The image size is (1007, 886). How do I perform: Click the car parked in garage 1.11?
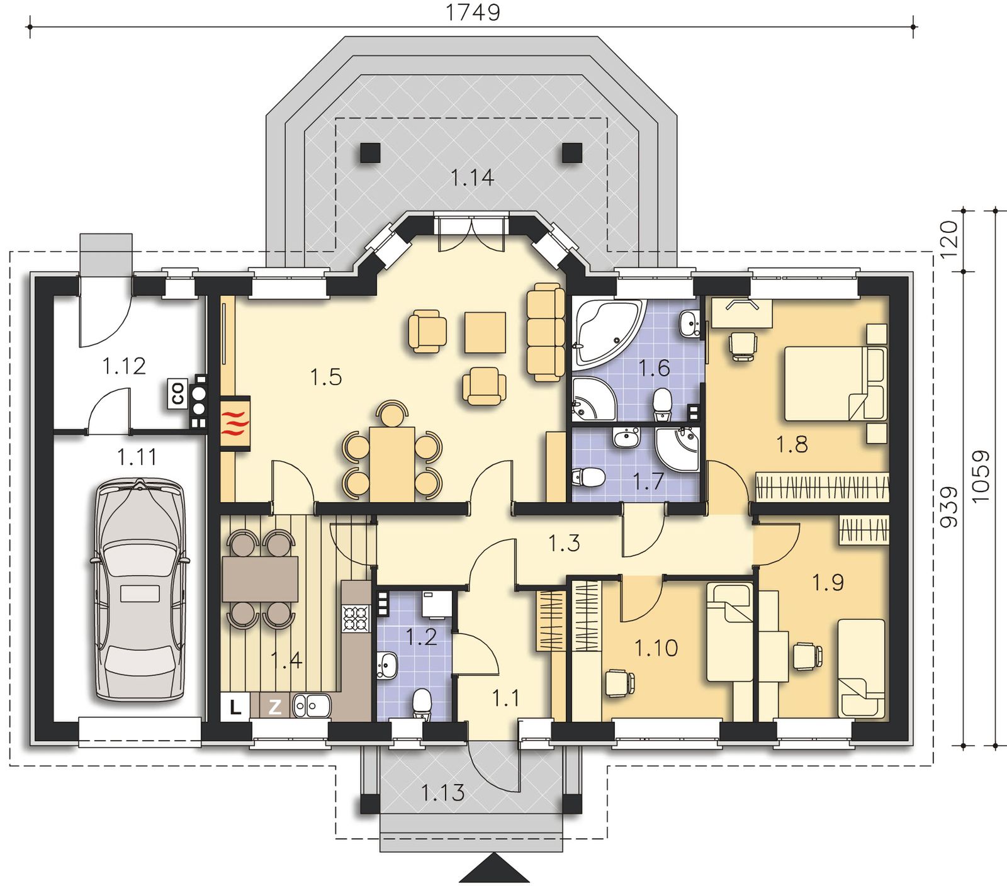click(140, 590)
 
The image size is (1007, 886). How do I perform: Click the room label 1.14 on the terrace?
click(472, 178)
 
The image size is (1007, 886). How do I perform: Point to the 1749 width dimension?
click(473, 13)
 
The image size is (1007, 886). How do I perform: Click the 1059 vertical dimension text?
click(981, 476)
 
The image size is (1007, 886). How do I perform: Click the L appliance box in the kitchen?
click(235, 707)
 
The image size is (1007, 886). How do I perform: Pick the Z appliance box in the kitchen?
click(275, 707)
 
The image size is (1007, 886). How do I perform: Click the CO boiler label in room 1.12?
click(177, 393)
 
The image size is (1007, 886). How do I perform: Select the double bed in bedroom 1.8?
click(836, 383)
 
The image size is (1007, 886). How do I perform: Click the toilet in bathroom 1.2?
click(422, 705)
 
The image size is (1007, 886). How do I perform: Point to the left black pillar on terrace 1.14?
click(371, 153)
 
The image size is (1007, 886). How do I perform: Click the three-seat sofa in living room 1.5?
click(545, 332)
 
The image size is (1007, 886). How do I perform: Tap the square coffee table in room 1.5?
click(485, 332)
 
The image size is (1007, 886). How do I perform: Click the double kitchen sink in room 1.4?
click(312, 706)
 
